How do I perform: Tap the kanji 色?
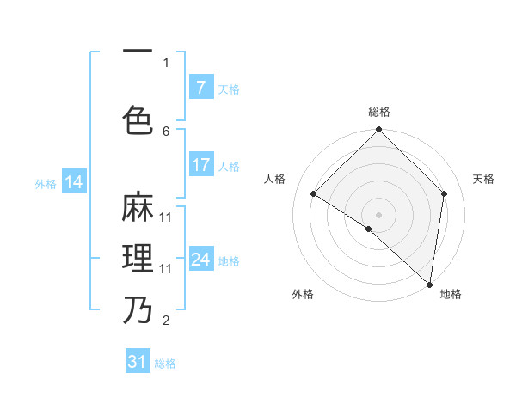(138, 119)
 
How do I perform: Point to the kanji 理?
(138, 258)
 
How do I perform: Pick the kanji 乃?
(138, 309)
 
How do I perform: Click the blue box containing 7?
(200, 87)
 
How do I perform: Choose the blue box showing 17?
(200, 165)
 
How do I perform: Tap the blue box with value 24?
(200, 260)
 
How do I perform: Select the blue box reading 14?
(74, 181)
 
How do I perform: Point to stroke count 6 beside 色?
(166, 132)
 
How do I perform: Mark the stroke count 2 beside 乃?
(166, 321)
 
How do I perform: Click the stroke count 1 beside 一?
(166, 62)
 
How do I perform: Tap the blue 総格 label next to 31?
(165, 364)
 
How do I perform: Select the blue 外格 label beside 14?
(46, 183)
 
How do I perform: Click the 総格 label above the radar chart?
(378, 112)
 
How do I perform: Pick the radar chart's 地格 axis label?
(451, 294)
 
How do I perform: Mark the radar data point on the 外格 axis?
(369, 229)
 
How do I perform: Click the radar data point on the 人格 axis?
(314, 194)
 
